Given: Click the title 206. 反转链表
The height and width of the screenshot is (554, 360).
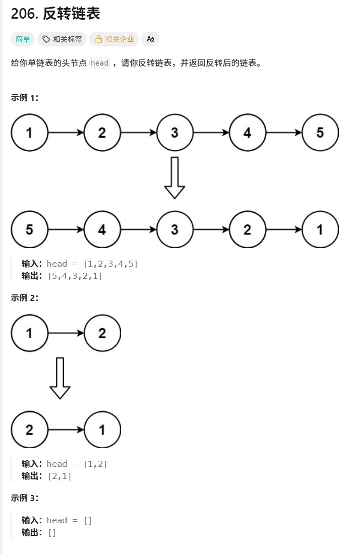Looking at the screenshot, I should (55, 14).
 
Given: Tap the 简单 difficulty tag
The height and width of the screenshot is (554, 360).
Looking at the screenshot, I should (23, 39).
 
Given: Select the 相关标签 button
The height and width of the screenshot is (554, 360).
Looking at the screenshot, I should (62, 39).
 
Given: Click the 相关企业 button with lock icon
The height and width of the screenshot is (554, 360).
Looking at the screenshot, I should (114, 39).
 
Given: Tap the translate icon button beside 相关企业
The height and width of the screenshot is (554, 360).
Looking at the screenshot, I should (150, 39).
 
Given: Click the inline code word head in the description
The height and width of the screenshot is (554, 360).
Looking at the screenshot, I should (99, 63).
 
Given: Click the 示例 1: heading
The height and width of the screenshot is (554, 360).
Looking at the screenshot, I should (25, 98).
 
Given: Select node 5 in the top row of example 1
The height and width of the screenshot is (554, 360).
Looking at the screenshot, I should (320, 133).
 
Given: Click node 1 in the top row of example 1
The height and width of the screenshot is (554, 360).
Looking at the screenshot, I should (29, 133).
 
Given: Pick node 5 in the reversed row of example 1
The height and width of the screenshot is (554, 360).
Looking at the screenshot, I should (29, 230).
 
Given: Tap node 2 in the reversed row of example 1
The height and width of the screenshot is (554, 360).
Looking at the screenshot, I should (247, 230).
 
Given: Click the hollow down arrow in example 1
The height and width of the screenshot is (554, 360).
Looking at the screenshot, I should (174, 178).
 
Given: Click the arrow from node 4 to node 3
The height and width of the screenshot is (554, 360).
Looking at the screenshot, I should (139, 230).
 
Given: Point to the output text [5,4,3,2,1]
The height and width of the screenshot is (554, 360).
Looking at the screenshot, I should (75, 276).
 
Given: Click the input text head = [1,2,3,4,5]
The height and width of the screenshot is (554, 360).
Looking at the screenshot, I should (92, 264).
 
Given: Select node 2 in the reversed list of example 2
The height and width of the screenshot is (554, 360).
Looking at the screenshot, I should (29, 430).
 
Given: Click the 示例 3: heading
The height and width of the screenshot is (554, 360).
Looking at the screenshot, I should (25, 498).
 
